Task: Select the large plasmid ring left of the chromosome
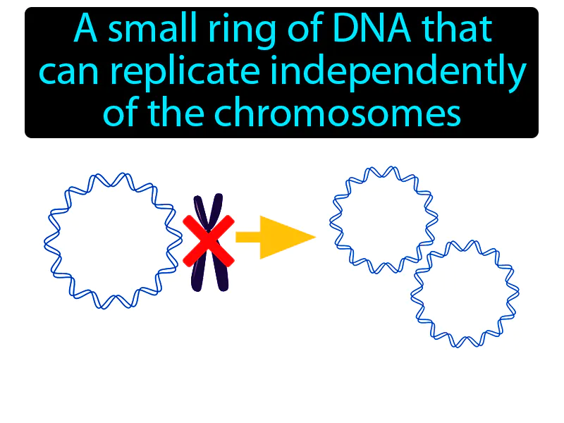pos(109,240)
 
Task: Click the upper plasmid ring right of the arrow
pos(384,219)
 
